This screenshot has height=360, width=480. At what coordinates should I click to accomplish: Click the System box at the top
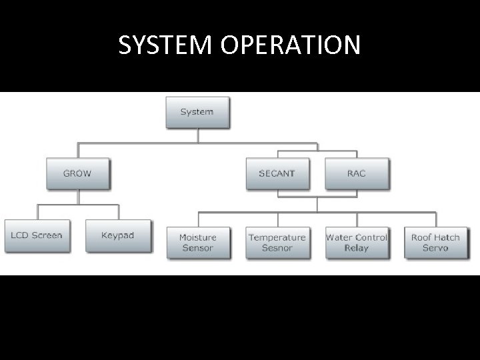pos(197,112)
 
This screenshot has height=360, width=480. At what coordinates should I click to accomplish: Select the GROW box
pos(77,173)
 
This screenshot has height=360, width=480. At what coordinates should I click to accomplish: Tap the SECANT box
pos(277,173)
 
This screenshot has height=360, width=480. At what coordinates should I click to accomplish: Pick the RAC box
pos(356,173)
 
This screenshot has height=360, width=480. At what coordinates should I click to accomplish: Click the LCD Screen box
pos(37,235)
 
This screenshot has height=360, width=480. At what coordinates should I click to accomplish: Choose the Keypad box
pos(117,235)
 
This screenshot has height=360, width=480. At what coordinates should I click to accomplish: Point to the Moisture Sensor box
pos(197,242)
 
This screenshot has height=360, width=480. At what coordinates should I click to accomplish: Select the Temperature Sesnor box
pos(277,242)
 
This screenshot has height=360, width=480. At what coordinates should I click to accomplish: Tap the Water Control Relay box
pos(356,242)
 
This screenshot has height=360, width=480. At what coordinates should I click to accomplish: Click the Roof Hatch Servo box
pos(435,242)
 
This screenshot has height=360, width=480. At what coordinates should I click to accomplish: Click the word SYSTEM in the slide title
pos(159,45)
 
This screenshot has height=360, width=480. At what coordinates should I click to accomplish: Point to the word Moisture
pos(197,237)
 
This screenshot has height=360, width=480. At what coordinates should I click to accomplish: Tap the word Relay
pos(356,248)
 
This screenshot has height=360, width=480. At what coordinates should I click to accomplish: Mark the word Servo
pos(435,248)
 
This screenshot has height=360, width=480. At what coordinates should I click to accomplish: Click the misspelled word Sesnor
pos(277,248)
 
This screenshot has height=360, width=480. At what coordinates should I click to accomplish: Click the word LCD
pos(19,235)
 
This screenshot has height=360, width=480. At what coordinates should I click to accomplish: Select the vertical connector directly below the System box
pos(198,135)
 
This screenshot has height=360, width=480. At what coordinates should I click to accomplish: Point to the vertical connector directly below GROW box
pos(78,197)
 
